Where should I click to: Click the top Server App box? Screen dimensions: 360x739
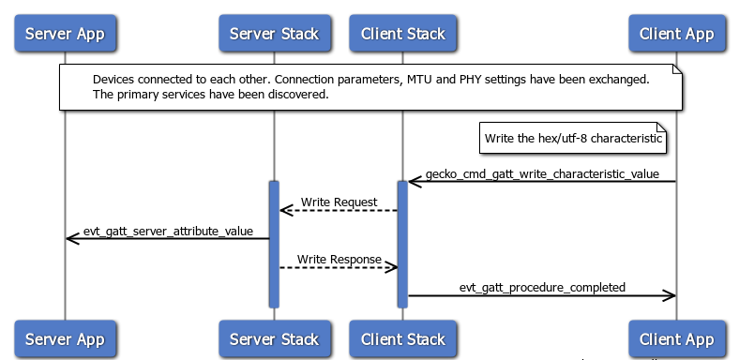[65, 35]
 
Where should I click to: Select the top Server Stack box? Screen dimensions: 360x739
[275, 35]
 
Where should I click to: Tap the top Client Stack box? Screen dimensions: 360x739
[402, 35]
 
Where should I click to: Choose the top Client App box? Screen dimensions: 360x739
[676, 35]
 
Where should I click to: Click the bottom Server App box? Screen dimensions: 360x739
[65, 339]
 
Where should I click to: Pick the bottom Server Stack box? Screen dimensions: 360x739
[275, 339]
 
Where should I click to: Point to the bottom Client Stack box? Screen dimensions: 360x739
[402, 339]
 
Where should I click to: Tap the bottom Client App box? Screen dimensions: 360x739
[676, 339]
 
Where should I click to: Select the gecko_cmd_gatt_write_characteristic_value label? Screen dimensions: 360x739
[541, 173]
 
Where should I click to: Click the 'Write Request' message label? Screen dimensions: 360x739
[339, 202]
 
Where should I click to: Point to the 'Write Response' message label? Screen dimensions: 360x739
[339, 258]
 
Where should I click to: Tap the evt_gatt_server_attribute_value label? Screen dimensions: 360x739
[168, 231]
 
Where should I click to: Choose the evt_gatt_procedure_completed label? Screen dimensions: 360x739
[542, 287]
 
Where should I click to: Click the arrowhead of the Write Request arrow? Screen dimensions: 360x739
[285, 210]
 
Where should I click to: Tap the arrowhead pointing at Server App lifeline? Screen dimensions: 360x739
[71, 239]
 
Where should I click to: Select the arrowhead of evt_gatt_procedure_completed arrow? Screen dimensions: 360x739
[670, 295]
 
